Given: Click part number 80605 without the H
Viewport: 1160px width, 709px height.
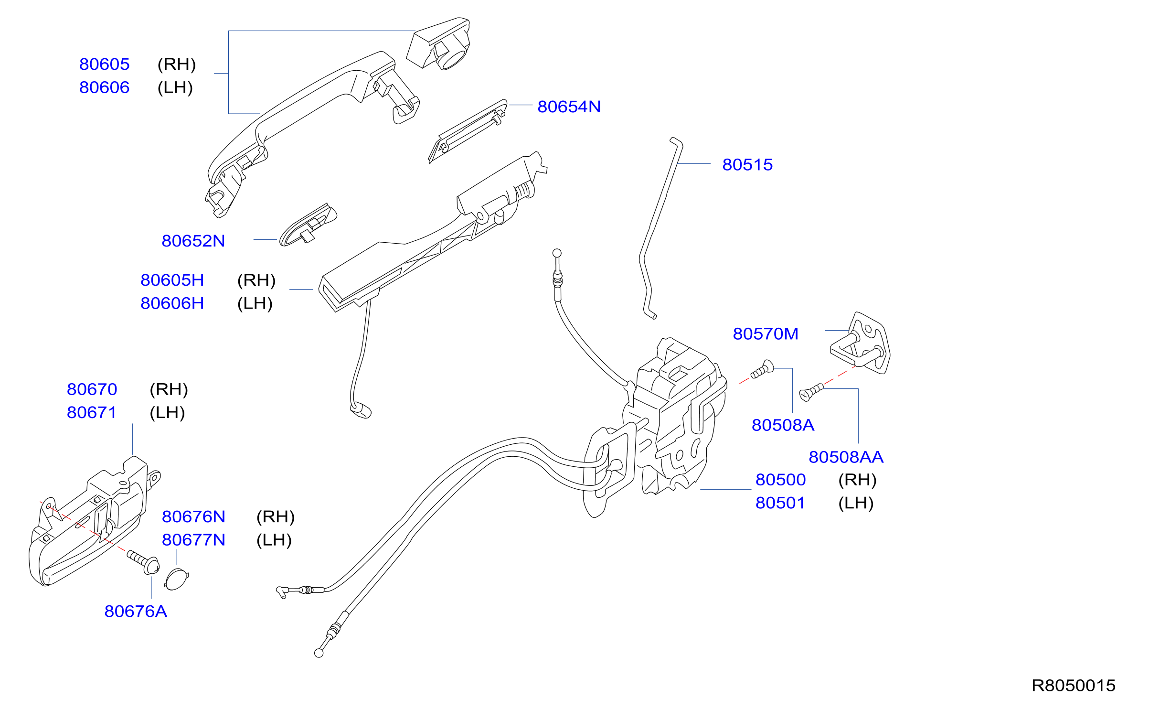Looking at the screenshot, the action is click(104, 64).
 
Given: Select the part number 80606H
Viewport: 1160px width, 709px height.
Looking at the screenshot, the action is click(172, 303).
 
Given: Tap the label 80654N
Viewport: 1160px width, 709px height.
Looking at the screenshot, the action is click(569, 107).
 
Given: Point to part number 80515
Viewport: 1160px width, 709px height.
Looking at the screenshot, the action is click(747, 164).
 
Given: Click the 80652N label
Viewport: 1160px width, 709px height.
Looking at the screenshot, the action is click(193, 241).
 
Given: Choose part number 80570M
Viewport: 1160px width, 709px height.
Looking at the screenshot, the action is click(766, 333).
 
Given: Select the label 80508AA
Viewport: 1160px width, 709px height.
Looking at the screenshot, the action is click(846, 457).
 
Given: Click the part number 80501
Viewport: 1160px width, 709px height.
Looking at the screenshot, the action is click(780, 503).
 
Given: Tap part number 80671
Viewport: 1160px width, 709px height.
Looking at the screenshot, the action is click(92, 412).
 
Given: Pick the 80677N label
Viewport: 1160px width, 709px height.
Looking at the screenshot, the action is click(193, 540).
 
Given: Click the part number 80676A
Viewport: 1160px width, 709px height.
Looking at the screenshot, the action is click(136, 611).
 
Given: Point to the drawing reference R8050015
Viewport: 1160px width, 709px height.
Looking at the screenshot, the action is click(1074, 686).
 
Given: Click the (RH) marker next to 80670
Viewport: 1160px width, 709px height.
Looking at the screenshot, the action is click(169, 389).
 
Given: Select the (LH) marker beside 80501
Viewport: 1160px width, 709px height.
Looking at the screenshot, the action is click(856, 503).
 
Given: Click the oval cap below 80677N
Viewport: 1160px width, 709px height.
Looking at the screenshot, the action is click(177, 579).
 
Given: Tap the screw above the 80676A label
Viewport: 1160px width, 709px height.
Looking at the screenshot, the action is click(143, 562).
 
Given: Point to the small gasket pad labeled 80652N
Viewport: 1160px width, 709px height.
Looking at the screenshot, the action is click(308, 224).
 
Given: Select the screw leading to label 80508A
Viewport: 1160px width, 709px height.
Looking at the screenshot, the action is click(762, 369).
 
